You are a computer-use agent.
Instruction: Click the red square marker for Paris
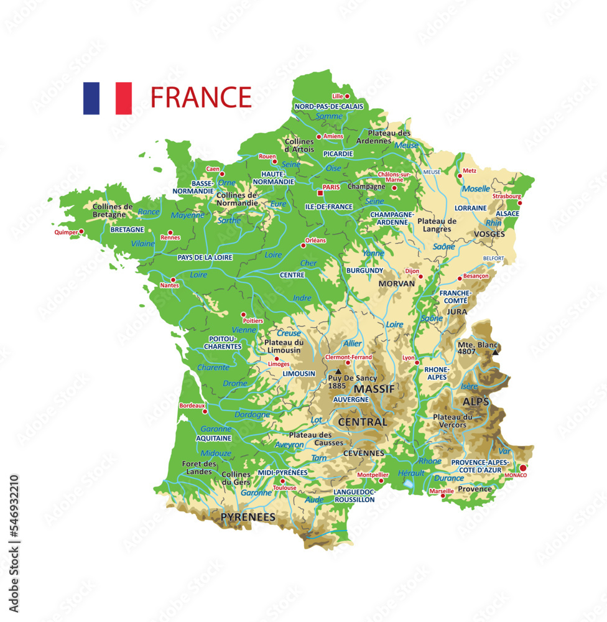pyautogui.click(x=320, y=193)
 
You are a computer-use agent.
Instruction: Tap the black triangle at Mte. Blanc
pyautogui.click(x=495, y=353)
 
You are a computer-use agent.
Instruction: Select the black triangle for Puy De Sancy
pyautogui.click(x=338, y=371)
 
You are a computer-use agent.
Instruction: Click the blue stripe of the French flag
pyautogui.click(x=91, y=98)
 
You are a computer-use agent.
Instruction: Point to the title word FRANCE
pyautogui.click(x=201, y=98)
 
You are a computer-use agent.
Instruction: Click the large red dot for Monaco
pyautogui.click(x=522, y=468)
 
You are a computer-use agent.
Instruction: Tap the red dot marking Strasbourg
pyautogui.click(x=519, y=203)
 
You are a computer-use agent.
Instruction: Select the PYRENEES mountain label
pyautogui.click(x=248, y=517)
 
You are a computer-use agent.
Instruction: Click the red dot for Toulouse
pyautogui.click(x=282, y=481)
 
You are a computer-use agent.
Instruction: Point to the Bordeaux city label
pyautogui.click(x=192, y=406)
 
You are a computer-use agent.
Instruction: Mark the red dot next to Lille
pyautogui.click(x=347, y=96)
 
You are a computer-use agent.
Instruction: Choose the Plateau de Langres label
pyautogui.click(x=437, y=225)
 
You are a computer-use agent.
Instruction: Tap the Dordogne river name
pyautogui.click(x=253, y=414)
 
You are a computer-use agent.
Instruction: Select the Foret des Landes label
pyautogui.click(x=199, y=468)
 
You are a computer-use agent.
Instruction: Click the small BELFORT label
pyautogui.click(x=494, y=258)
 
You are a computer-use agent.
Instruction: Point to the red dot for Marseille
pyautogui.click(x=443, y=496)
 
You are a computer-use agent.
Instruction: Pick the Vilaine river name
pyautogui.click(x=143, y=244)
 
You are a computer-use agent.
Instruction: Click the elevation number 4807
pyautogui.click(x=466, y=351)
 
